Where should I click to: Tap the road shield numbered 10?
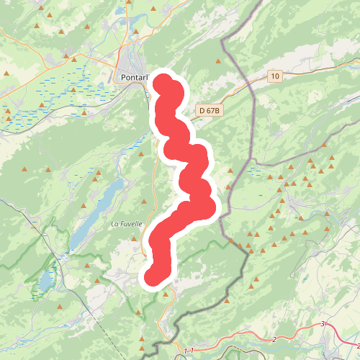(275, 76)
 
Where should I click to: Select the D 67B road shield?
(207, 110)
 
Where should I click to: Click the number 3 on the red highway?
(323, 325)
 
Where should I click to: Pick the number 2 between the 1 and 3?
(274, 339)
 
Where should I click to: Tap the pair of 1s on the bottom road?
(189, 351)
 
